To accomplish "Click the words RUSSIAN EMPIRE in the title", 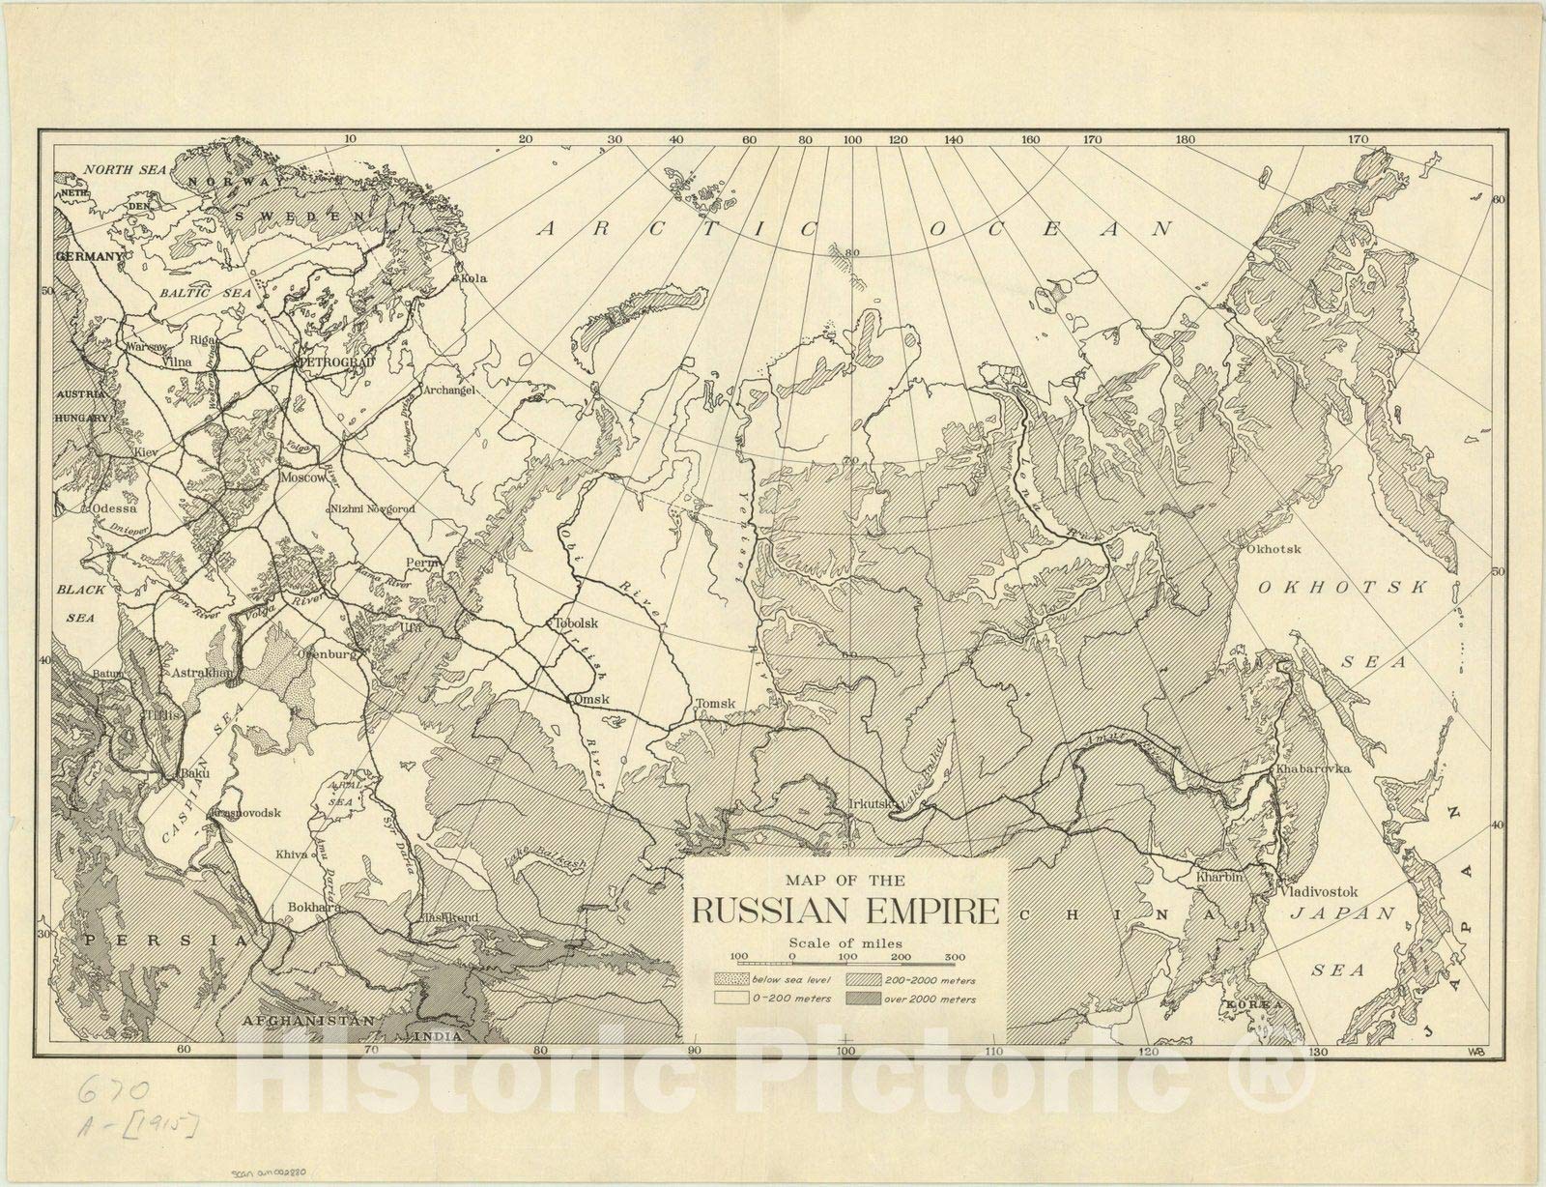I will point(845,911).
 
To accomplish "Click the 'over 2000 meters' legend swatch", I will point(862,999).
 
